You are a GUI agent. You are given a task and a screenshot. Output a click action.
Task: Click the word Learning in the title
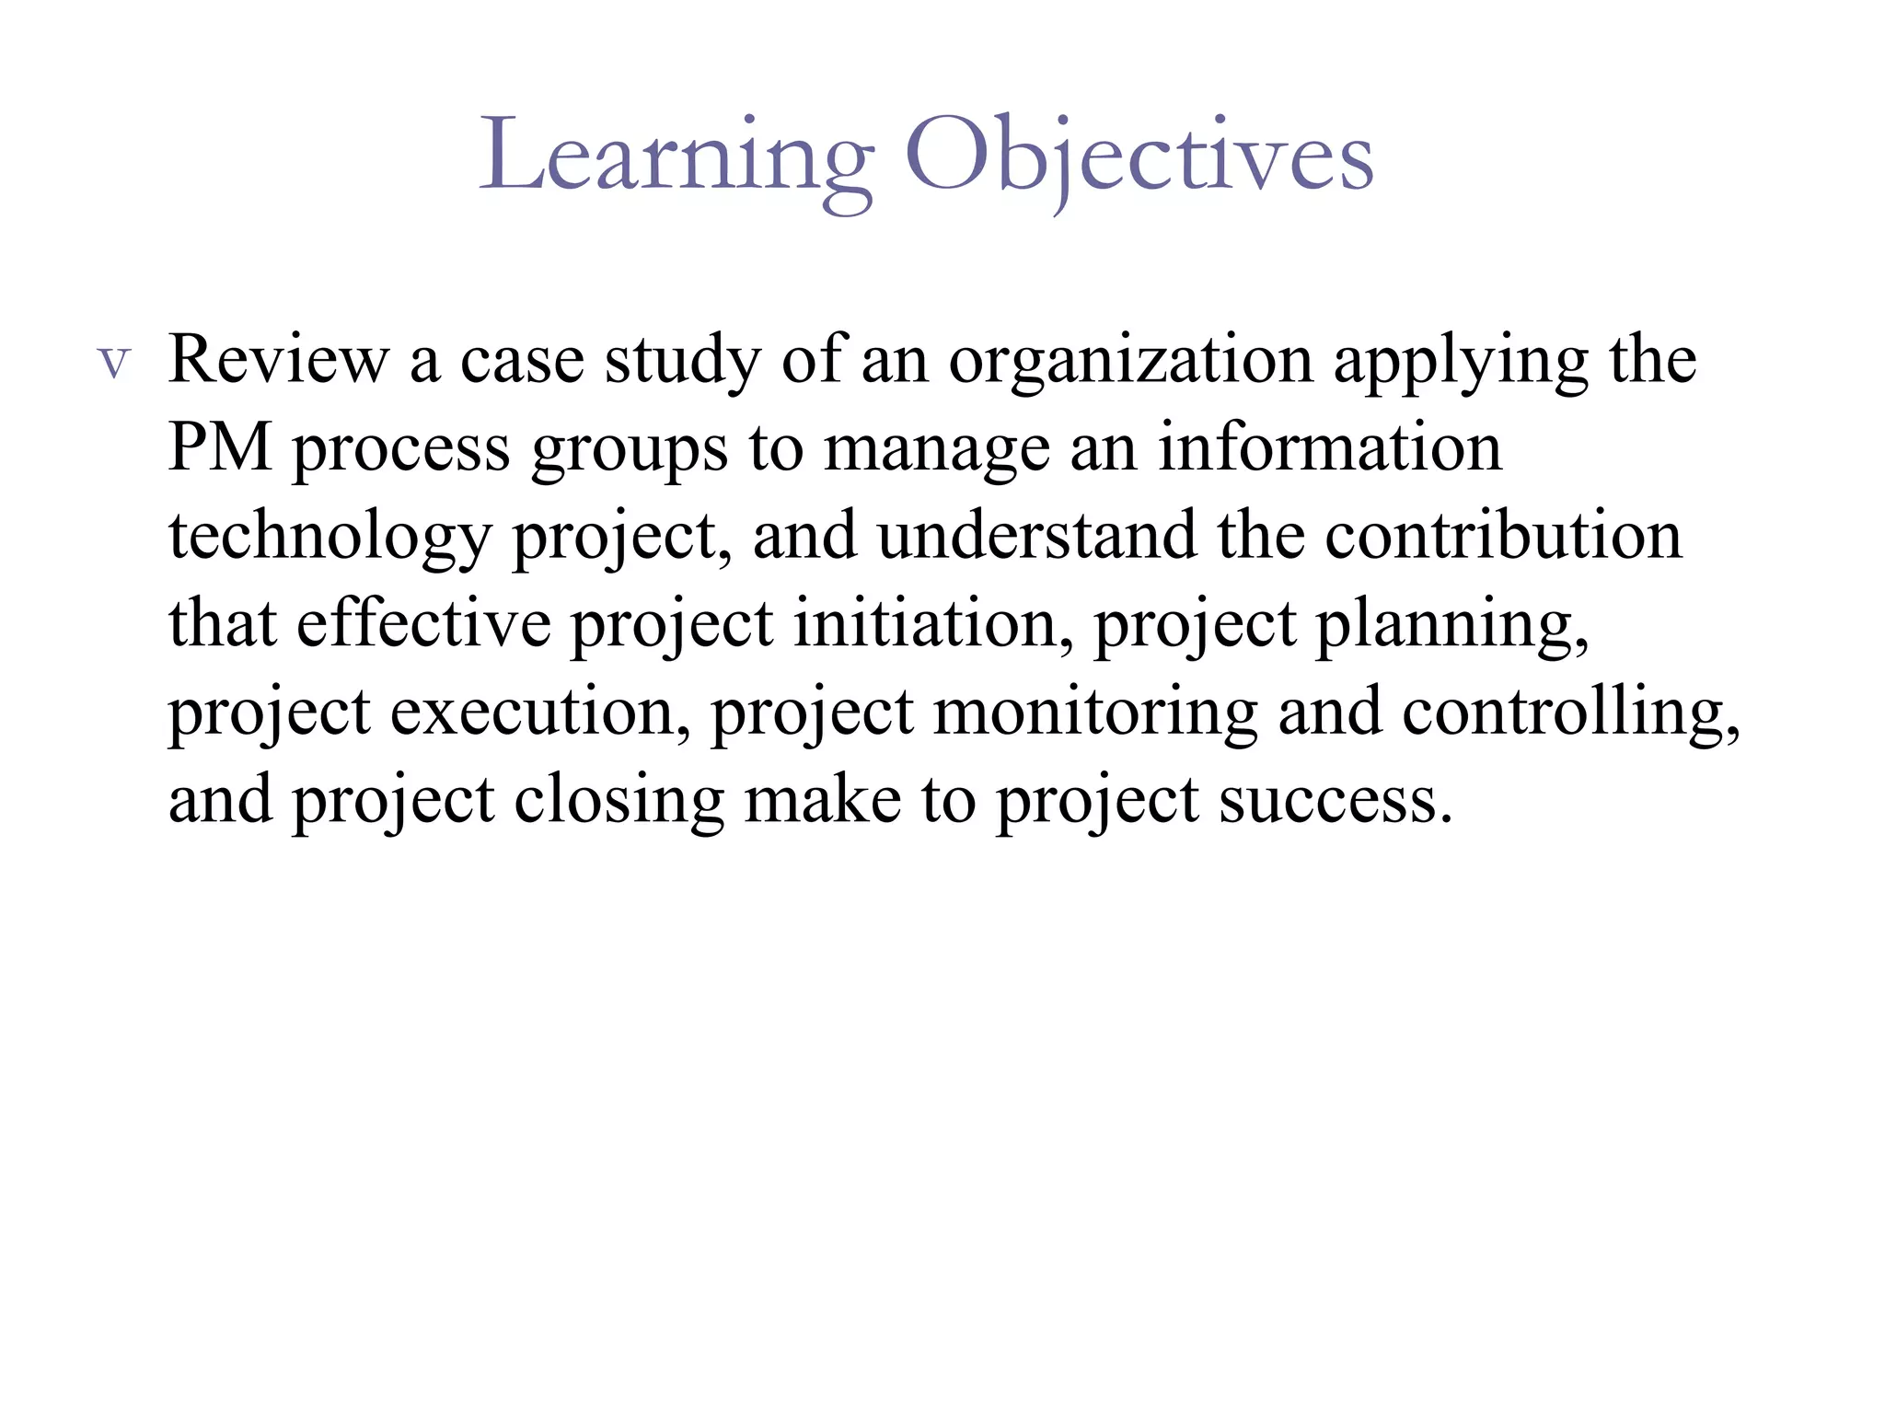pos(677,158)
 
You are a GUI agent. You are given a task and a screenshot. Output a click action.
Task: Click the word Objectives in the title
pos(1139,158)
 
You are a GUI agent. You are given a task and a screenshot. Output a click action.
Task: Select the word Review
pos(279,359)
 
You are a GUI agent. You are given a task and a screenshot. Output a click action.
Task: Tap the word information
pos(1329,447)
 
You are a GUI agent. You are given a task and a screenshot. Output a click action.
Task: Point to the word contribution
pos(1503,536)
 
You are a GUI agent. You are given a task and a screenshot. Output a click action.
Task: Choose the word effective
pos(423,623)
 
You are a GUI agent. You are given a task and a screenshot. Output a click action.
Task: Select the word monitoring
pos(1094,713)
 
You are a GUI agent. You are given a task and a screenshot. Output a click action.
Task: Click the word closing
pos(619,801)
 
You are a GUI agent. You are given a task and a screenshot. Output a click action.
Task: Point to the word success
pos(1335,801)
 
